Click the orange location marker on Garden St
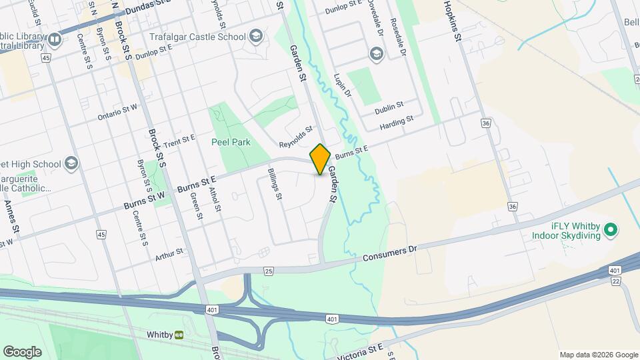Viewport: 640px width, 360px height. click(x=321, y=159)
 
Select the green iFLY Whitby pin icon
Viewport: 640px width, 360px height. click(x=611, y=231)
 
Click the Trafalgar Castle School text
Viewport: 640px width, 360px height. click(x=198, y=36)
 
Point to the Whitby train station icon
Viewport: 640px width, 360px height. click(x=179, y=334)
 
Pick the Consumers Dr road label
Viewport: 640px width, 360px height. click(x=390, y=253)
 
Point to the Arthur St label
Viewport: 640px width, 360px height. click(x=169, y=253)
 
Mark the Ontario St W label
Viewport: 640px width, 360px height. click(x=117, y=111)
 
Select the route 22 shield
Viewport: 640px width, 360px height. click(x=615, y=282)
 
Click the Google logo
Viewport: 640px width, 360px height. click(x=22, y=352)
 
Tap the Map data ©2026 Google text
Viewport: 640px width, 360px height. click(x=598, y=355)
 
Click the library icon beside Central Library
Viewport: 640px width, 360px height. click(x=55, y=39)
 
